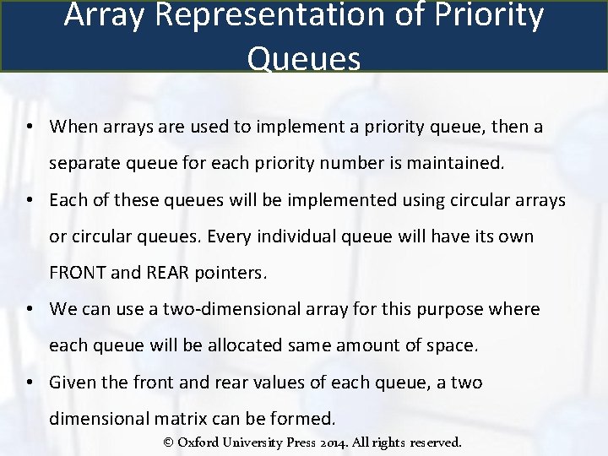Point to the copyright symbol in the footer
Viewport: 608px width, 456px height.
tap(168, 442)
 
